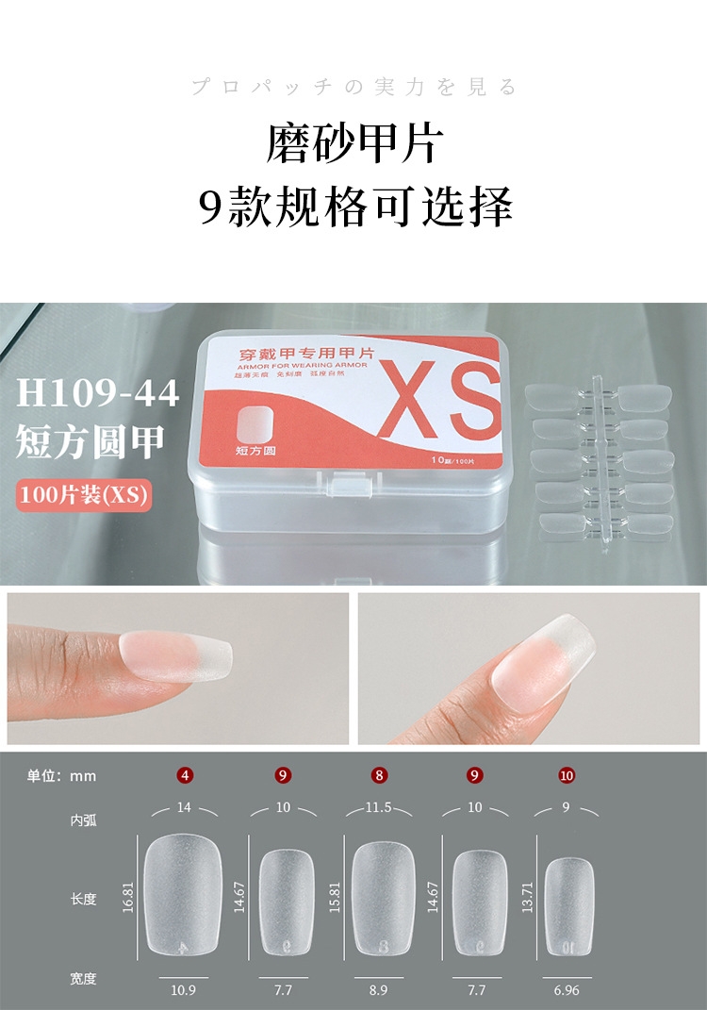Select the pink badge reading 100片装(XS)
point(83,495)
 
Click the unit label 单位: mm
point(61,776)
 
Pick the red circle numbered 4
point(186,776)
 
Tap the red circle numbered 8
point(379,776)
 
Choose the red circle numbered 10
point(567,776)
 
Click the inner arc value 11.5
point(379,808)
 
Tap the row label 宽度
point(83,979)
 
